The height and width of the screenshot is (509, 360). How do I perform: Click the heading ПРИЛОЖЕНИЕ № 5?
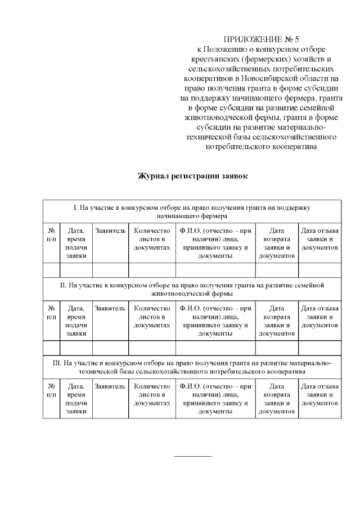(x=262, y=39)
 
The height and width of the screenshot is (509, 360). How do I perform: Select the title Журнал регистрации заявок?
(x=192, y=175)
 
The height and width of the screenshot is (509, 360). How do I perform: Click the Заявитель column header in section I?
(x=110, y=231)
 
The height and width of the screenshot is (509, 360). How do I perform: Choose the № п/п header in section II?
(x=51, y=313)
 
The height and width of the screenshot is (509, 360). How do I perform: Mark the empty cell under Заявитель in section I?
(x=110, y=270)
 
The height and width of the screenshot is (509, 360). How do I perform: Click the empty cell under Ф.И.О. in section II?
(x=215, y=348)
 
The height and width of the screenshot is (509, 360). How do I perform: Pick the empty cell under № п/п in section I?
(x=51, y=270)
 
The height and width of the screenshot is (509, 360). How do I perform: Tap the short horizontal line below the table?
(x=193, y=456)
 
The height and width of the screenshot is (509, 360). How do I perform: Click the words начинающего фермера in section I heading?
(x=192, y=215)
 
